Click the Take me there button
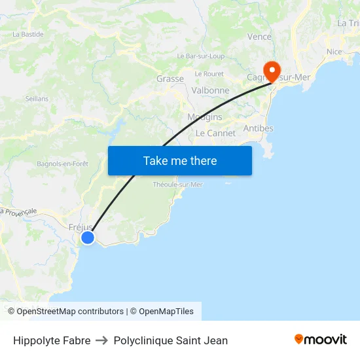(x=180, y=160)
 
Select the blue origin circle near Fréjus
(x=87, y=237)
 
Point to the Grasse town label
(x=170, y=79)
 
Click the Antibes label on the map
(x=258, y=128)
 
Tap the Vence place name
(x=259, y=37)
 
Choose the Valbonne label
(x=210, y=90)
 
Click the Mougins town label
(x=205, y=117)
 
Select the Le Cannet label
(x=215, y=133)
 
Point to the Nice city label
(x=334, y=52)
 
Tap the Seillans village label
(x=37, y=98)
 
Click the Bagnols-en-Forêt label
(x=62, y=164)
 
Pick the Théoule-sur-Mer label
(x=177, y=185)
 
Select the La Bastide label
(x=28, y=34)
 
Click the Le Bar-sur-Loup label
(x=200, y=56)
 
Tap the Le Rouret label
(x=209, y=74)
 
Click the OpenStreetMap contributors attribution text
(x=70, y=312)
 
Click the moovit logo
(x=320, y=340)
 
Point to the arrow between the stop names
(x=102, y=340)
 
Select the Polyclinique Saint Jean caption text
(x=171, y=340)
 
